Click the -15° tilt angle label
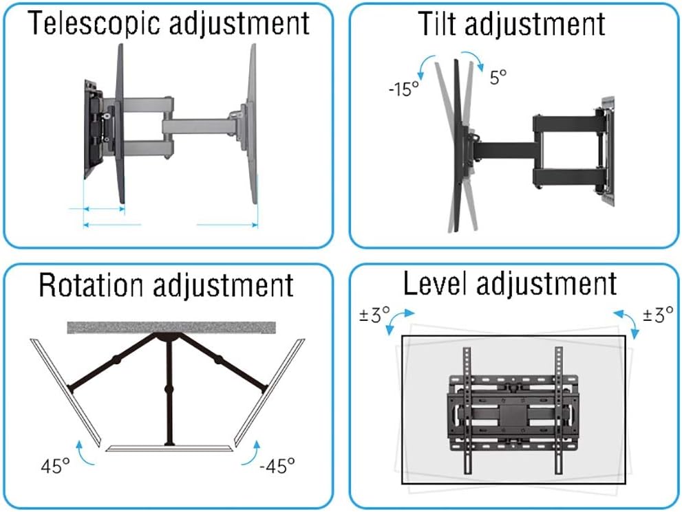[x=402, y=89]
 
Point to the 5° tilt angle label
[x=499, y=76]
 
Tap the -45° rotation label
[x=277, y=467]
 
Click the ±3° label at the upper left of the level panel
[x=374, y=315]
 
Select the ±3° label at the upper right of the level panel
[x=658, y=315]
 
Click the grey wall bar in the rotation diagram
[x=171, y=327]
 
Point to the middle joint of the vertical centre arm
[x=169, y=390]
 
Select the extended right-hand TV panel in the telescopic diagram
[x=251, y=124]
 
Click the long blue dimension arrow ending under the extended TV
[x=227, y=224]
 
